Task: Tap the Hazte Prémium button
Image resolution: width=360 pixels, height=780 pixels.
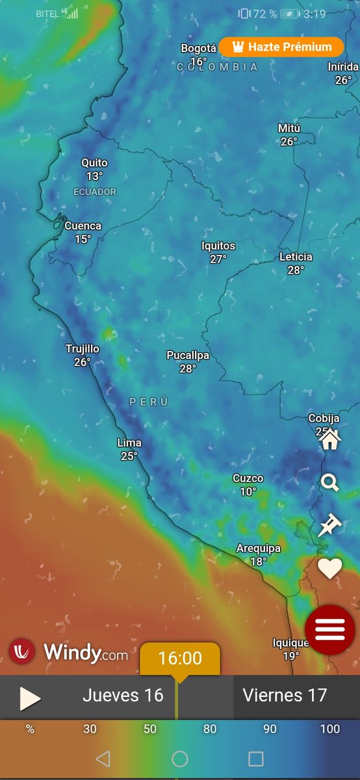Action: pyautogui.click(x=281, y=47)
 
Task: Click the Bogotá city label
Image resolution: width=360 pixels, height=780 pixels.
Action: pyautogui.click(x=198, y=49)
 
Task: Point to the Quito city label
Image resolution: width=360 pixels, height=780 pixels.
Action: pyautogui.click(x=94, y=163)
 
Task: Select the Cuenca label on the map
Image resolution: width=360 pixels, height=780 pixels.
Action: pyautogui.click(x=83, y=226)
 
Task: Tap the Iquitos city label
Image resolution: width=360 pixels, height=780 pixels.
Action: pyautogui.click(x=218, y=246)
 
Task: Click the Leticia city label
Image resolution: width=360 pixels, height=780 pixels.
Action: pyautogui.click(x=296, y=257)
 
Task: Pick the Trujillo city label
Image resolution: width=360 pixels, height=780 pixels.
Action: pyautogui.click(x=83, y=349)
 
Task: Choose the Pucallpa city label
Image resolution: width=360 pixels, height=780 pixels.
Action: pyautogui.click(x=188, y=356)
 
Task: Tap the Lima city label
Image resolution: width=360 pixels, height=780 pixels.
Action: pyautogui.click(x=129, y=443)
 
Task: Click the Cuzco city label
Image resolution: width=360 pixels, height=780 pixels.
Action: pyautogui.click(x=248, y=479)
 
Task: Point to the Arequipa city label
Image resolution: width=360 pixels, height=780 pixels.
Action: pyautogui.click(x=258, y=549)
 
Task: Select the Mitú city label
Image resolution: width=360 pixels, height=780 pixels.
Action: pyautogui.click(x=289, y=128)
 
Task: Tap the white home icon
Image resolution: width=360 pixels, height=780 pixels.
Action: pyautogui.click(x=330, y=439)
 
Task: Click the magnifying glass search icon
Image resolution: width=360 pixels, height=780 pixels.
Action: pyautogui.click(x=330, y=482)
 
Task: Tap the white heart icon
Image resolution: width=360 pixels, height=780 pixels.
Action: pyautogui.click(x=329, y=569)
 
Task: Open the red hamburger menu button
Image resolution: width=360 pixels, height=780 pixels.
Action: pyautogui.click(x=329, y=629)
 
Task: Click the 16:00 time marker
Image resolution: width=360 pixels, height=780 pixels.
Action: pyautogui.click(x=180, y=658)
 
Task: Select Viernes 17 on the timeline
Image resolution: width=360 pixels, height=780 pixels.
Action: pyautogui.click(x=285, y=695)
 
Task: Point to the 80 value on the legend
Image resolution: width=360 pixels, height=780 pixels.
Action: pyautogui.click(x=210, y=729)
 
